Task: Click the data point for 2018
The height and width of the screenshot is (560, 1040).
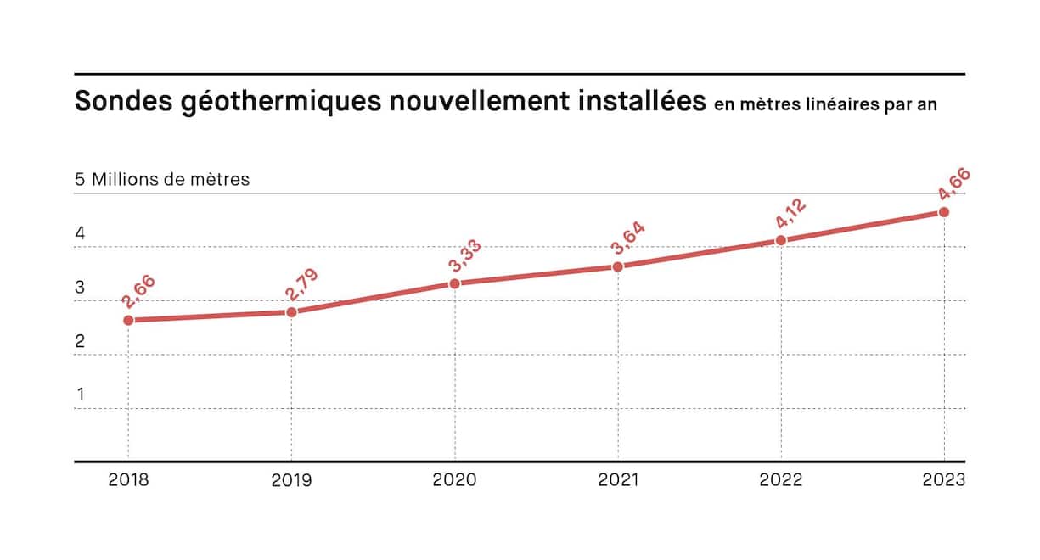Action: (x=128, y=320)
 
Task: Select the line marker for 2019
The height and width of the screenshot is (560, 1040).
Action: (x=291, y=312)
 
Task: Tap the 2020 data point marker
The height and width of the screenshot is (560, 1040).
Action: (x=455, y=283)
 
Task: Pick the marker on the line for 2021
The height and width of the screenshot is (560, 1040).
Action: (x=618, y=266)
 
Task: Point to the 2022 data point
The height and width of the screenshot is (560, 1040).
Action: (x=781, y=240)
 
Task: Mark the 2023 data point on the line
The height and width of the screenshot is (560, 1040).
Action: (x=944, y=211)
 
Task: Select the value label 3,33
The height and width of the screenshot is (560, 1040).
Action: (x=465, y=255)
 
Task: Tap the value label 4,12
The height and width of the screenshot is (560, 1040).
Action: (x=790, y=213)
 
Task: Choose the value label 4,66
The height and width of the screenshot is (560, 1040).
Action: (x=954, y=184)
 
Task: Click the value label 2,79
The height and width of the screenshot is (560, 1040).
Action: (x=302, y=284)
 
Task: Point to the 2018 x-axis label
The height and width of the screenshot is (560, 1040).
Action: (x=128, y=480)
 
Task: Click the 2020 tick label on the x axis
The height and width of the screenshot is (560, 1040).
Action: (x=455, y=480)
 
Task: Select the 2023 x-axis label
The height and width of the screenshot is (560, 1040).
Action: (x=944, y=480)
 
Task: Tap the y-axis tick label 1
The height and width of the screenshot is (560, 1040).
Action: (x=81, y=395)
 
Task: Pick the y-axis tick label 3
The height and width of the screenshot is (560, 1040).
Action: (x=81, y=288)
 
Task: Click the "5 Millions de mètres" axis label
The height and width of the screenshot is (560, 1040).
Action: (x=162, y=180)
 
